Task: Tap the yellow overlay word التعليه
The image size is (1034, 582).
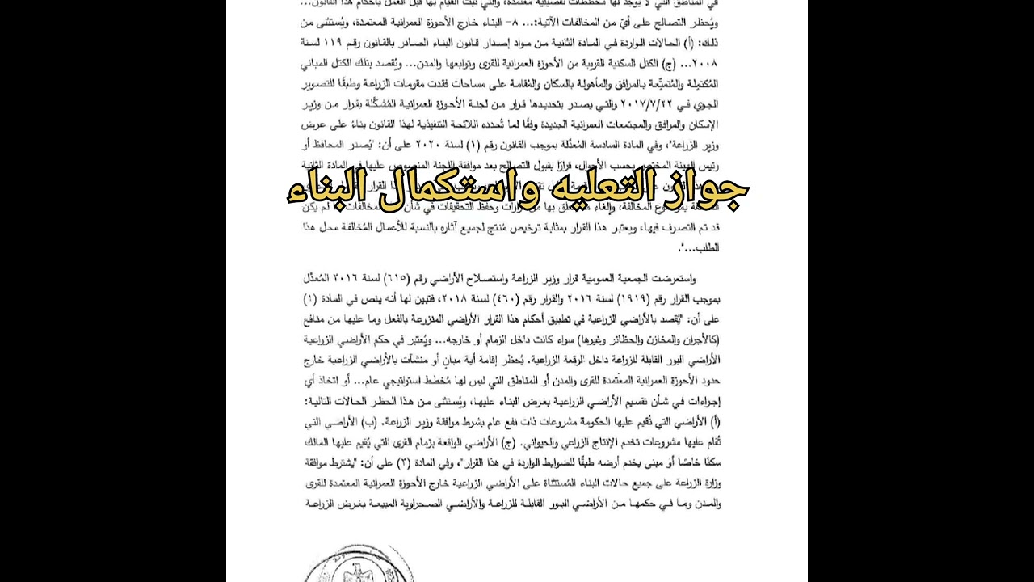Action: [x=599, y=192]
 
